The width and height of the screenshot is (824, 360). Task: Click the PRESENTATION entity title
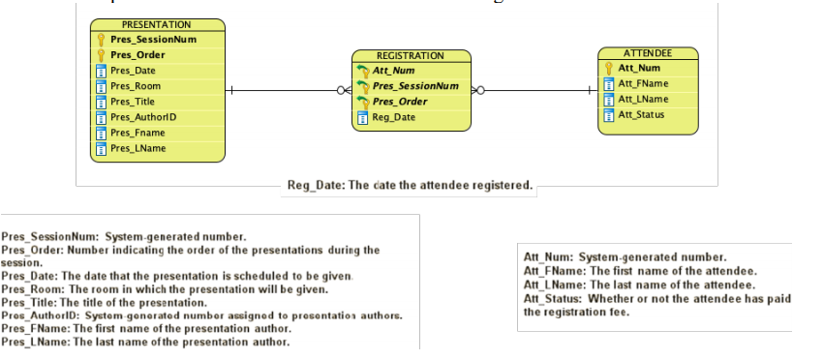(x=156, y=24)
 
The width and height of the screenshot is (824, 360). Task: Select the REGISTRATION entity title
(x=410, y=56)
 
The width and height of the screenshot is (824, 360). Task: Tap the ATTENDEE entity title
(x=648, y=52)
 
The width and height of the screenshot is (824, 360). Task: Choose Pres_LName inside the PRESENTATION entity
(x=137, y=148)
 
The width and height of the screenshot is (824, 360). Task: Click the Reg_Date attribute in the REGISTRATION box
(x=394, y=118)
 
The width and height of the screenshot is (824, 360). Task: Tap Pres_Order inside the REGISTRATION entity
(x=400, y=102)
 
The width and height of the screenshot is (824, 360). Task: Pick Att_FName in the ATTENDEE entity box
(x=643, y=83)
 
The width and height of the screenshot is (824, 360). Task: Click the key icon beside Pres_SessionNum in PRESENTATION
(x=101, y=40)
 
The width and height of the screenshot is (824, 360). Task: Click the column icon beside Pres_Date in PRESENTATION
(x=101, y=71)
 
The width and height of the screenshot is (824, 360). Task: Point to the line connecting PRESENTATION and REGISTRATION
(x=281, y=91)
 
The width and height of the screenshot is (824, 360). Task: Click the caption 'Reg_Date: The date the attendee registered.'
(x=410, y=185)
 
